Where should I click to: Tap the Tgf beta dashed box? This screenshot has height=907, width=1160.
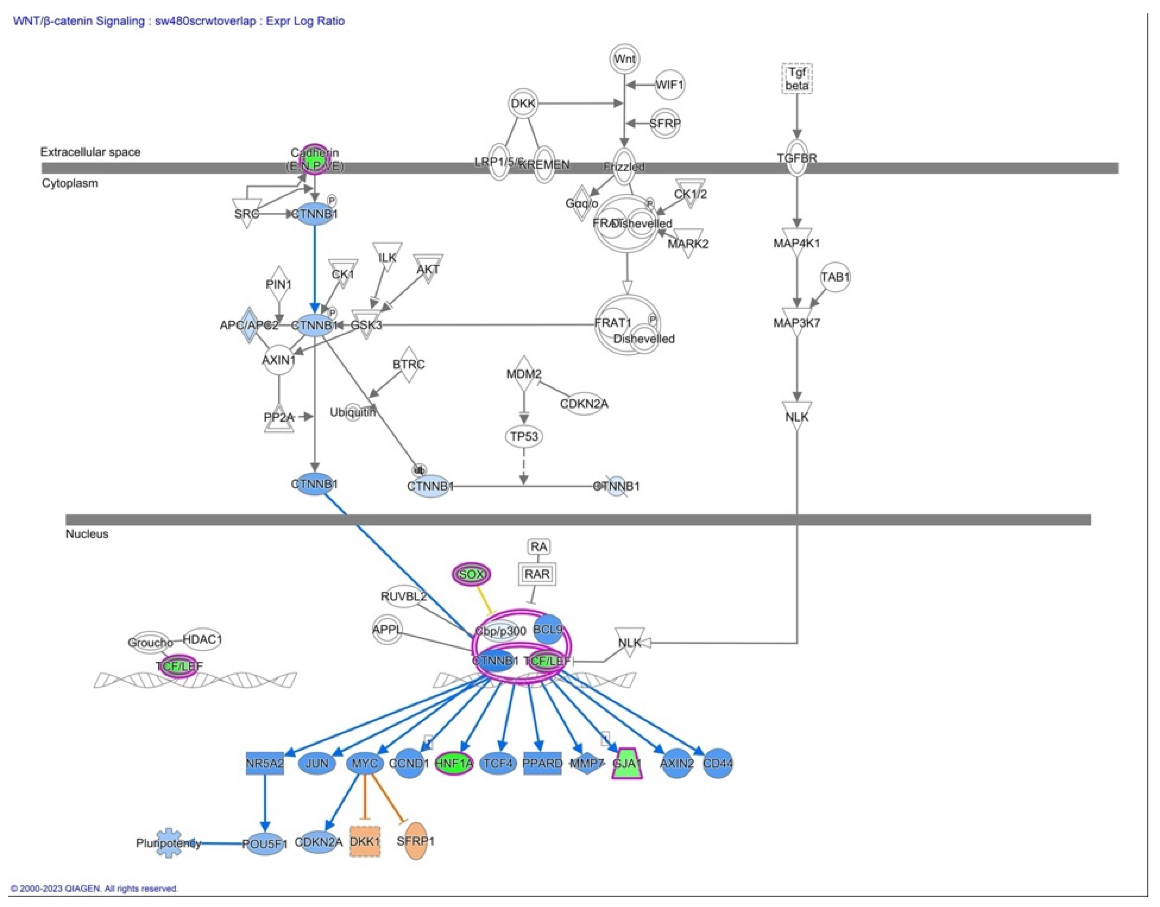tap(797, 79)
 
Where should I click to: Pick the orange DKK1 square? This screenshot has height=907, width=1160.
tap(365, 841)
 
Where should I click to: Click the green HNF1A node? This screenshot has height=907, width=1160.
tap(453, 764)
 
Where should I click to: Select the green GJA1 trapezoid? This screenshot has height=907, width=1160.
tap(627, 764)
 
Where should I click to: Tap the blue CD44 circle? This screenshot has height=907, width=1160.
tap(718, 764)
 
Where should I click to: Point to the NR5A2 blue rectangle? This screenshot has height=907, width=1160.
tap(265, 764)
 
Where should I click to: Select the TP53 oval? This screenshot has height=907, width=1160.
tap(524, 437)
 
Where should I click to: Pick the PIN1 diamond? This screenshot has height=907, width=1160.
tap(279, 285)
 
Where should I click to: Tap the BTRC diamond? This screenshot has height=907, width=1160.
tap(409, 364)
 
